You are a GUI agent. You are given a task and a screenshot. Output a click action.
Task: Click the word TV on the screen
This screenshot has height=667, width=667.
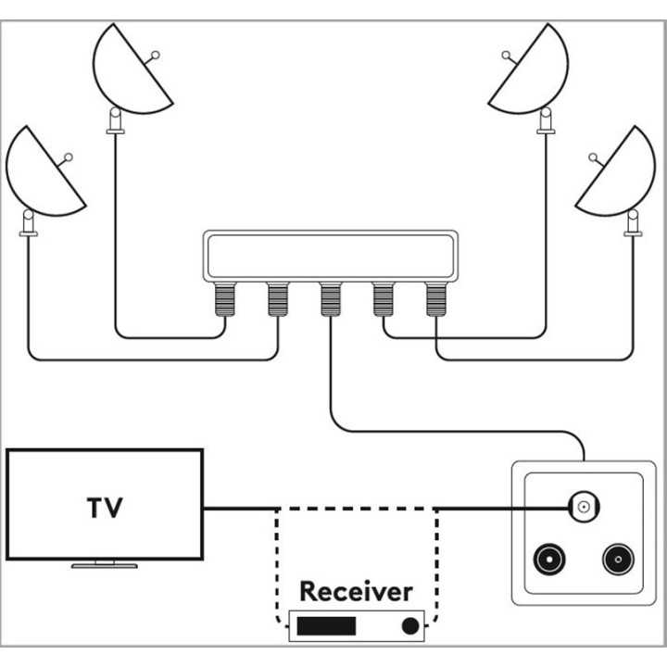105,508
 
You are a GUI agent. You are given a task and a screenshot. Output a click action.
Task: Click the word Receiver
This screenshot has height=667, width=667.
356,590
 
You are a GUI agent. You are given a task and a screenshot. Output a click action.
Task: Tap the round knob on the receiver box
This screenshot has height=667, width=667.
409,626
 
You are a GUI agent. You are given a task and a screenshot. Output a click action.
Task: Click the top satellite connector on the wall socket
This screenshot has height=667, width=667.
583,507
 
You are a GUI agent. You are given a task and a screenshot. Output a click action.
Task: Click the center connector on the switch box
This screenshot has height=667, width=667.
330,299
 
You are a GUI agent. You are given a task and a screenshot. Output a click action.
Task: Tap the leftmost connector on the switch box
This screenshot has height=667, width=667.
224,299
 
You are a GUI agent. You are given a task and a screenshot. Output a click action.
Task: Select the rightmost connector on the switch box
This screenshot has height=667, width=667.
436,299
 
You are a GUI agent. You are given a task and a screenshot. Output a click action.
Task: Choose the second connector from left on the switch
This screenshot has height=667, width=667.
277,299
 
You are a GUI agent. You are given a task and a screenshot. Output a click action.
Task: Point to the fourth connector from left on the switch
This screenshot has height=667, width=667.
384,299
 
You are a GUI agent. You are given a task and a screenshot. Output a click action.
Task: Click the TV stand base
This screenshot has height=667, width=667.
104,563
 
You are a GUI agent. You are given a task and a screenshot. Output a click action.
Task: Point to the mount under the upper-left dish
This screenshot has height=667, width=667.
116,122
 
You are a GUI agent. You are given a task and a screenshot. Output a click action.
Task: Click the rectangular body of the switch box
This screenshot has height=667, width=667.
330,255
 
